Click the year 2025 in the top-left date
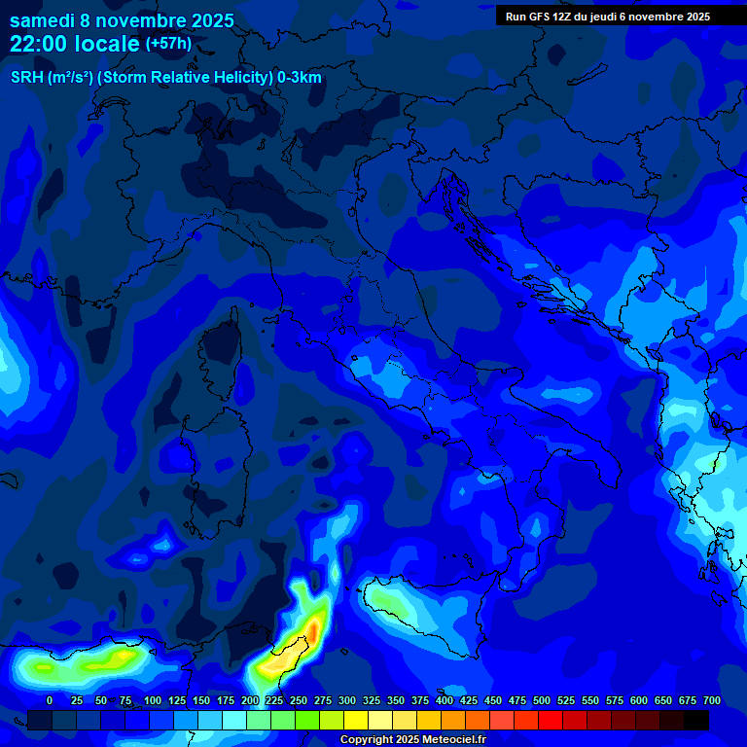(206, 19)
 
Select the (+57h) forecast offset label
(168, 44)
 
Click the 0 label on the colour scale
(50, 700)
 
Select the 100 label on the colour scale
(153, 700)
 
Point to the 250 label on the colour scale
(299, 700)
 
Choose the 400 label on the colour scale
(445, 700)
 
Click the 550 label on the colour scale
(590, 700)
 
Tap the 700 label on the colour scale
(712, 700)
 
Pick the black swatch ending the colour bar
(696, 720)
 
